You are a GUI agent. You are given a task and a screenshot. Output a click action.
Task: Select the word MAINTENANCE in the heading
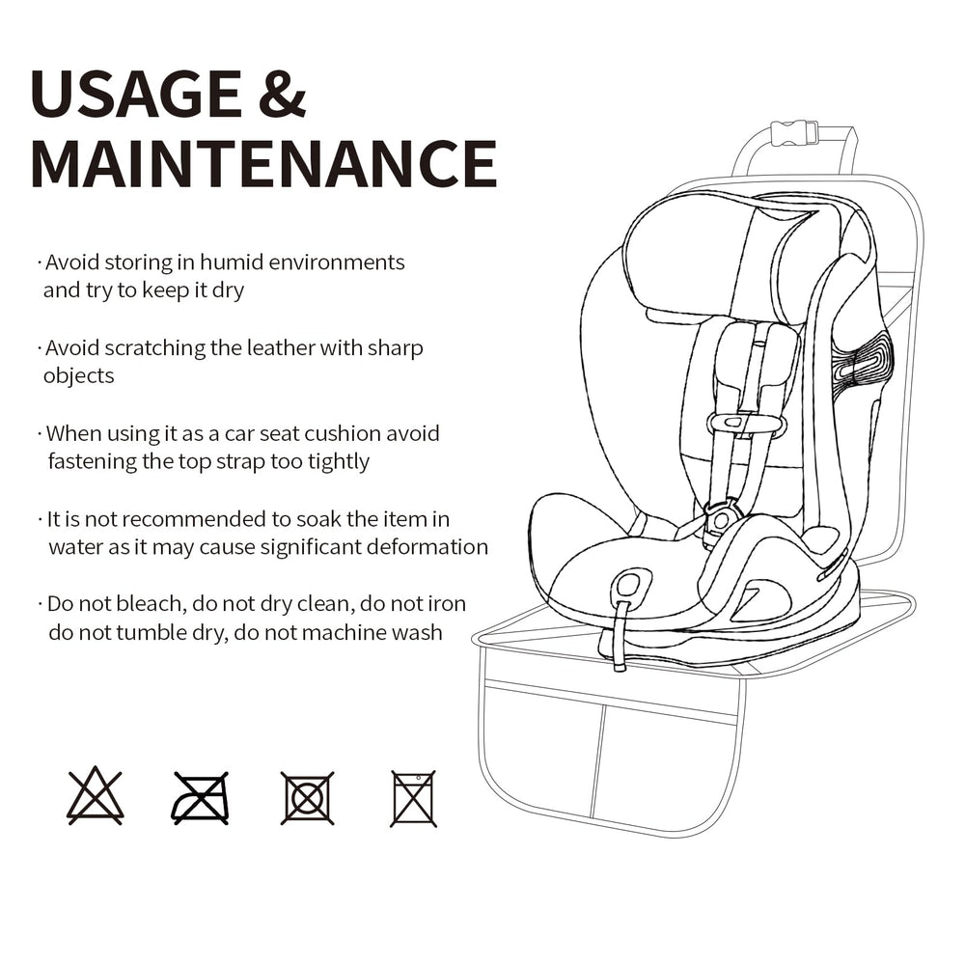pos(263,163)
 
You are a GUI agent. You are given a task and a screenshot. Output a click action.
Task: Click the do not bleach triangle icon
pos(95,796)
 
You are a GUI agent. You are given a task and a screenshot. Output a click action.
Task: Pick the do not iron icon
pos(200,798)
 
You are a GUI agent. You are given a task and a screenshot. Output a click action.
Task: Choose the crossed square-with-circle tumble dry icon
pos(307,798)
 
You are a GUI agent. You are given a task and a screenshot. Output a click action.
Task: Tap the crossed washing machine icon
pos(414,798)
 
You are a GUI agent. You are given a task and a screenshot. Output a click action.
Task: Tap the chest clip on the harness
pos(745,424)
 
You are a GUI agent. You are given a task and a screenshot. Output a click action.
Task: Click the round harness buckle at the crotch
pos(719,519)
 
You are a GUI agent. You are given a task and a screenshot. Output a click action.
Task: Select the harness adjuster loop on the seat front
pos(630,584)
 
